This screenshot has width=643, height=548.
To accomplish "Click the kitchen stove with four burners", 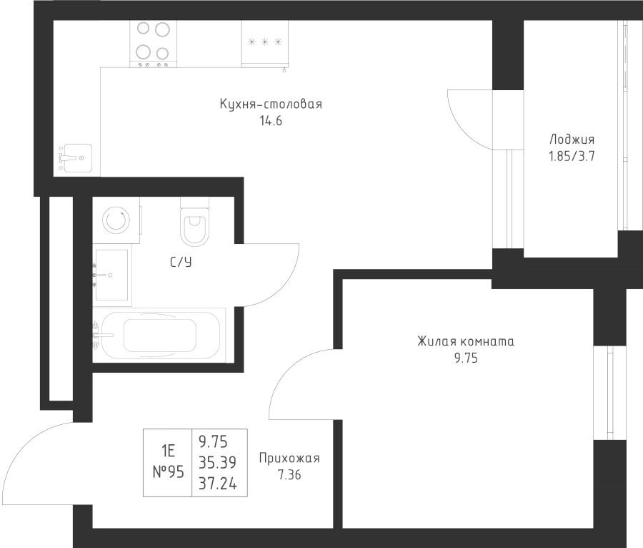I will coord(153,42).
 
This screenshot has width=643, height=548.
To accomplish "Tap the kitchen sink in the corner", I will coord(75,156).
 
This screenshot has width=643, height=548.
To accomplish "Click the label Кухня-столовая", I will coord(271,104).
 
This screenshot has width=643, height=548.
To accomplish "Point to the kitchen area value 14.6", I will coord(271,122).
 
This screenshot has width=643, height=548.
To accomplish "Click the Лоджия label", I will coord(572,140).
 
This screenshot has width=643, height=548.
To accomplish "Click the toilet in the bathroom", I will coord(194,222).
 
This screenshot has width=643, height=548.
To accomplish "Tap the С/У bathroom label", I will coord(181,263).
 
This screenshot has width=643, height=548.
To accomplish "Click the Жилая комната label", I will coord(466,342).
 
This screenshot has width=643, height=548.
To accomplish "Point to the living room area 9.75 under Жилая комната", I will coord(466,359).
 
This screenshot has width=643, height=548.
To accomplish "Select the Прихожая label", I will coord(289,459).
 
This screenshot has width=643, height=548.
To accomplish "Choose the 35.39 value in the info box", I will coord(219,464).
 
